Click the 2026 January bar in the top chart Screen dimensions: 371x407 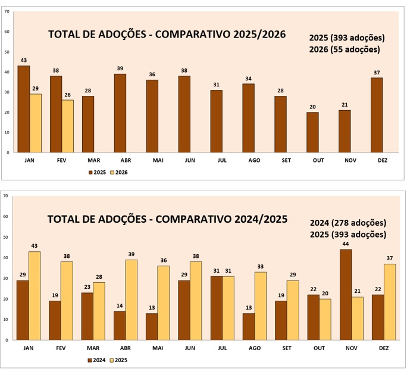(x=36, y=123)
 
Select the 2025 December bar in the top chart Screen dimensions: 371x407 (x=377, y=115)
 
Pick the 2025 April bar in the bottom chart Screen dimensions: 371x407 (x=132, y=300)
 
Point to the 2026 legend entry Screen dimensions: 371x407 (x=119, y=172)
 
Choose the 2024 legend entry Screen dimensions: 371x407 (x=98, y=360)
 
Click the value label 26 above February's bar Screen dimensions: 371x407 (x=68, y=95)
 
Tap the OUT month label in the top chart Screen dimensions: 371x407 (x=312, y=160)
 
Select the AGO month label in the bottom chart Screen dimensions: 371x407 (x=254, y=348)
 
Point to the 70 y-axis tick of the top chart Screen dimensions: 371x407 (x=7, y=12)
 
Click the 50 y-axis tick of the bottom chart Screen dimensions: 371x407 (x=6, y=237)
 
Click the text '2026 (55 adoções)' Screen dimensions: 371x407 (x=345, y=49)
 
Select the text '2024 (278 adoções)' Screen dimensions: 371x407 (x=348, y=223)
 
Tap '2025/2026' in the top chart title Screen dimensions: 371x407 (x=256, y=34)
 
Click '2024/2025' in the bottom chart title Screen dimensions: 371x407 (x=258, y=219)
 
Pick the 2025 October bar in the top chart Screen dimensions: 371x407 (x=312, y=132)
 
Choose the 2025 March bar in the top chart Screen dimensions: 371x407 (x=87, y=124)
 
